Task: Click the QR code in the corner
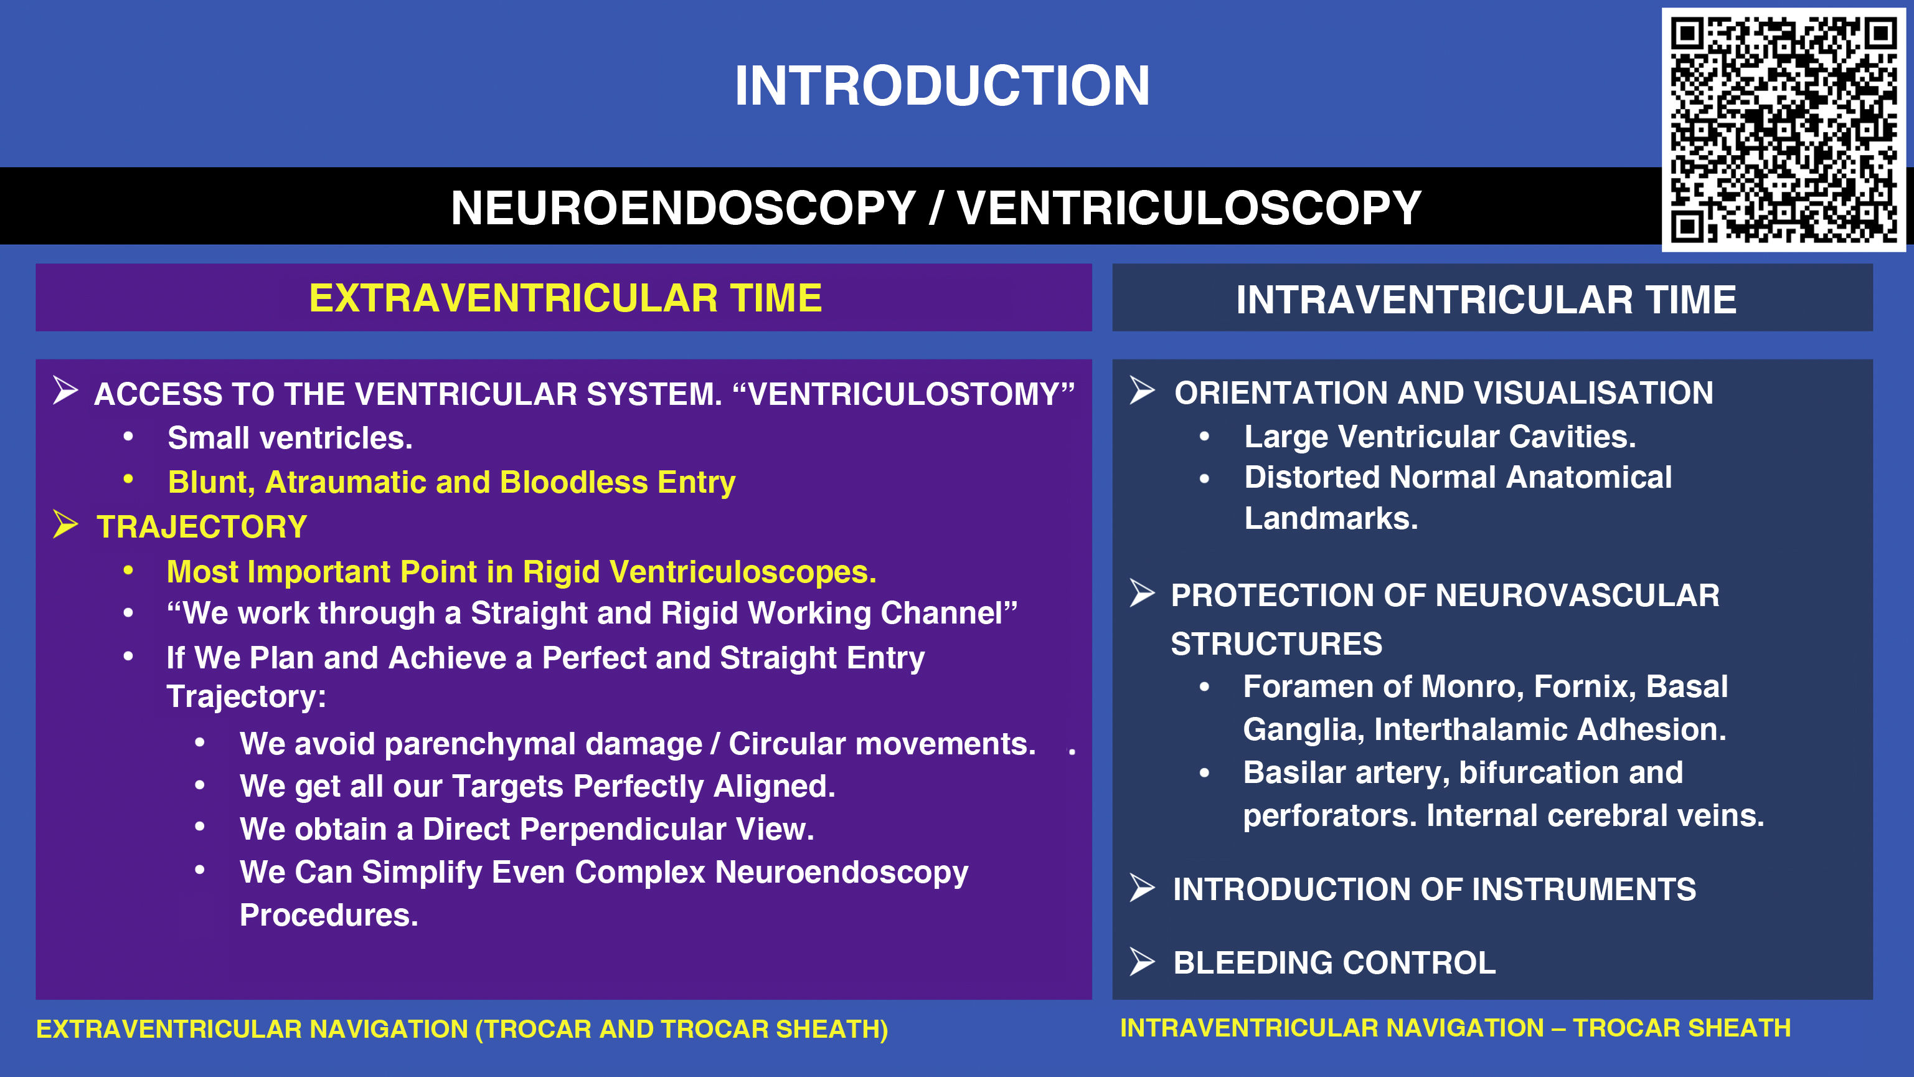tap(1783, 130)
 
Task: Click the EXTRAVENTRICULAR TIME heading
tap(565, 298)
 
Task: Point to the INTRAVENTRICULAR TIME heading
tap(1486, 300)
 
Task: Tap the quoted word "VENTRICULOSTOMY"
tap(903, 394)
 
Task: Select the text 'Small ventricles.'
tap(290, 438)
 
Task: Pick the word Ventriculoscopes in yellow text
tap(743, 572)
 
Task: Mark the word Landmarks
tap(1331, 518)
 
